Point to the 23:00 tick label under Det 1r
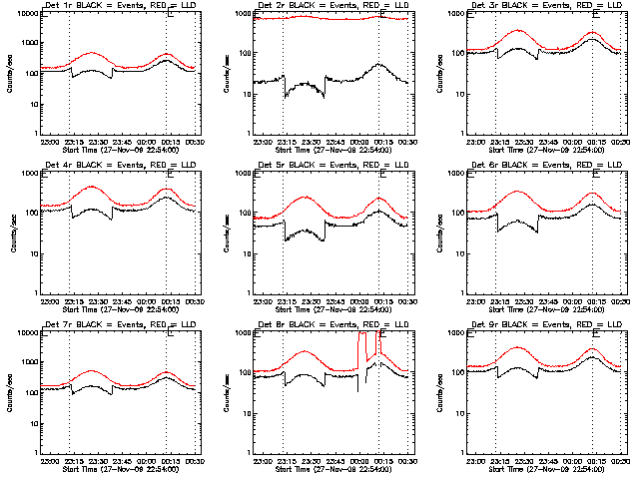(x=47, y=142)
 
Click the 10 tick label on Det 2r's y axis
(x=241, y=94)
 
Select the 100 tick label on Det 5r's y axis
(x=239, y=213)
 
